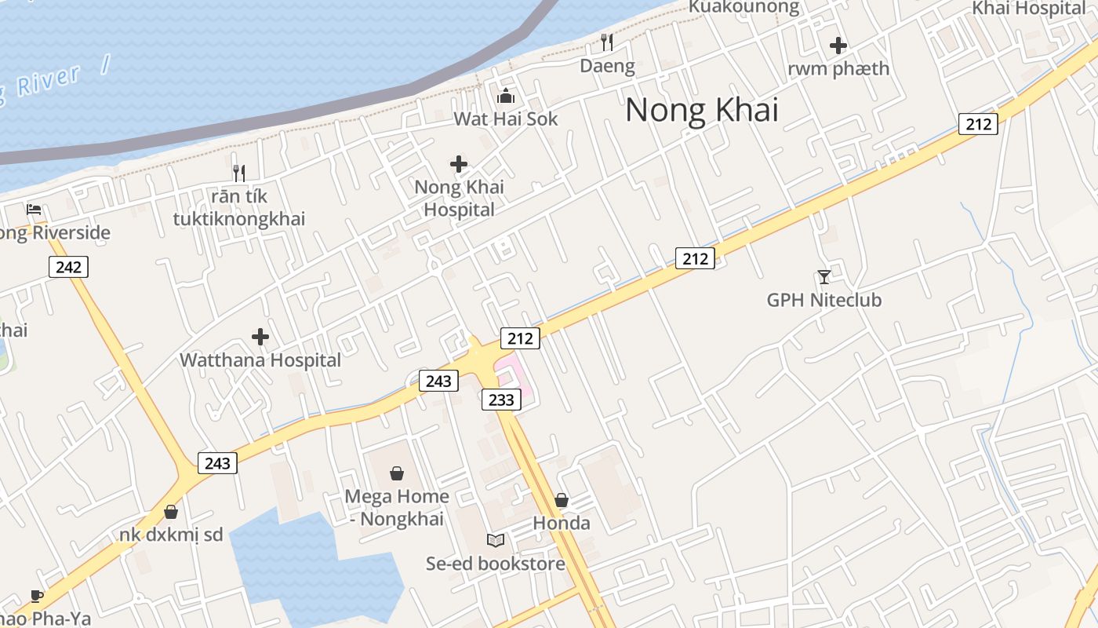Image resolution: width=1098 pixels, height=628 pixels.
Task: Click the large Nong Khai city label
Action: [702, 110]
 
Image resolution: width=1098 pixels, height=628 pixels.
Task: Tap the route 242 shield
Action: [68, 267]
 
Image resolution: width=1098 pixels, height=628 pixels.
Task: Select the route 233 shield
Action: [501, 400]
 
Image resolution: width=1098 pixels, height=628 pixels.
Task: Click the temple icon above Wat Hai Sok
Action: [506, 96]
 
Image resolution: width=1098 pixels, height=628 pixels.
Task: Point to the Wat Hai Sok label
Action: [506, 119]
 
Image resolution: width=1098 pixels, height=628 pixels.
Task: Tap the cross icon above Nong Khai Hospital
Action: [459, 164]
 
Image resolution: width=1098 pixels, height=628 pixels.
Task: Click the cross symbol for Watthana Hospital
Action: [260, 337]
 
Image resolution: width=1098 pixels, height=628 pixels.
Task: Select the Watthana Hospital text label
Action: [260, 360]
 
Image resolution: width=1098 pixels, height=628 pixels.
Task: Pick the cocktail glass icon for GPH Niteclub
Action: [823, 276]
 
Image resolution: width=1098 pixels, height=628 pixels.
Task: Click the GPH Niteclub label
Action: [823, 300]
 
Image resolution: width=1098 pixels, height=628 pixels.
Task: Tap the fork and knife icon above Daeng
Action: [607, 41]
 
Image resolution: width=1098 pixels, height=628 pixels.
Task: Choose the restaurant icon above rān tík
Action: [239, 173]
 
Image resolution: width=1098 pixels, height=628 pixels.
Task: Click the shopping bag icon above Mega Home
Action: [397, 473]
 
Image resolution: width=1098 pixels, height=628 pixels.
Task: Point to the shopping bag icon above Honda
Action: [562, 500]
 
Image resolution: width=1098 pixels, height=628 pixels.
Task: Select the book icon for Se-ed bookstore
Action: [495, 540]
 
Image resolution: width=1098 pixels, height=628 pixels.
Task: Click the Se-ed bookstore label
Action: [495, 564]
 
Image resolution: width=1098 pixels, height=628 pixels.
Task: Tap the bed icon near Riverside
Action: [34, 210]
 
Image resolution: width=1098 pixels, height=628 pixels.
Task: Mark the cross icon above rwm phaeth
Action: [838, 46]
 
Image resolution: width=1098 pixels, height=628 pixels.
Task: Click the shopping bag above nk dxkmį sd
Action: [171, 512]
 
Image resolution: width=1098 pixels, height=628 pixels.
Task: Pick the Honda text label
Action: [562, 523]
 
